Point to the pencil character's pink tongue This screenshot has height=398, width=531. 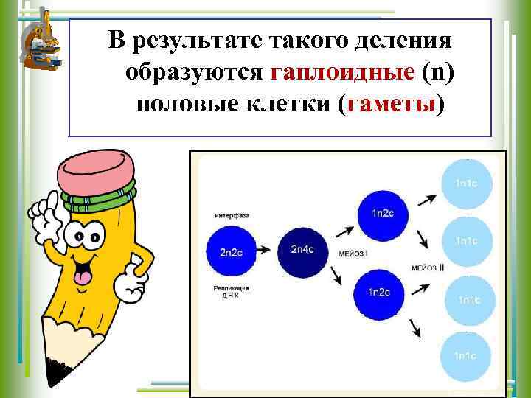tap(82, 276)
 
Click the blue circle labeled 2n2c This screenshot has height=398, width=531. tap(229, 251)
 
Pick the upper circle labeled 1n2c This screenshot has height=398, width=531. tap(382, 213)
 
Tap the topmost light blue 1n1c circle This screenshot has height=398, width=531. tap(465, 182)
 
